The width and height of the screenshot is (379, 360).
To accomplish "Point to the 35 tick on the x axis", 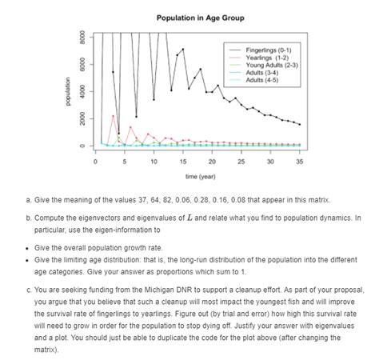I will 299,161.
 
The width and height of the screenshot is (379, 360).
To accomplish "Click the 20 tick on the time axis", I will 212,161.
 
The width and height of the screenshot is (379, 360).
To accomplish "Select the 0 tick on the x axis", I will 95,161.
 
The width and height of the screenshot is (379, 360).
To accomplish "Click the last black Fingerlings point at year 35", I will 299,125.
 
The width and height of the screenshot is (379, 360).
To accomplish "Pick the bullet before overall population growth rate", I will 27,248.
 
